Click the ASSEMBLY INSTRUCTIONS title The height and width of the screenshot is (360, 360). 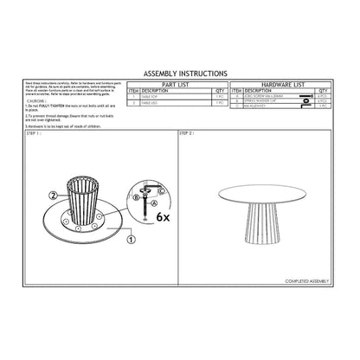point(179,74)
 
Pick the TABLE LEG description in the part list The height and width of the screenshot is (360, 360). point(155,102)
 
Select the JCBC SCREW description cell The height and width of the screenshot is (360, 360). point(268,96)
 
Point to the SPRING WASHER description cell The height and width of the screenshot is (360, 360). point(268,101)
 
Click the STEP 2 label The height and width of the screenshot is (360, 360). point(186,134)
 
